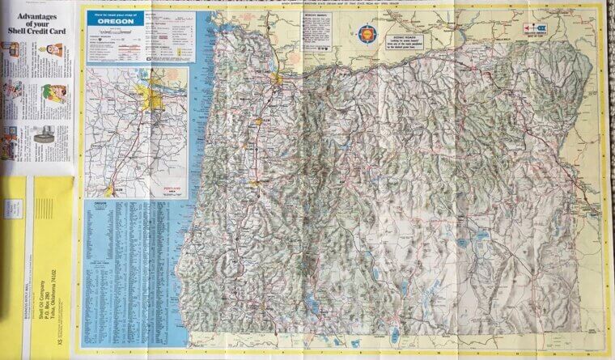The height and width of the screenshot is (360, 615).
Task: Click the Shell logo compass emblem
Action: (366, 33)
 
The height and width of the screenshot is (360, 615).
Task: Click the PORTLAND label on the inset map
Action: (151, 95)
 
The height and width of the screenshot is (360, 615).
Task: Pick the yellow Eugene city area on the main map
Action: (254, 183)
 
